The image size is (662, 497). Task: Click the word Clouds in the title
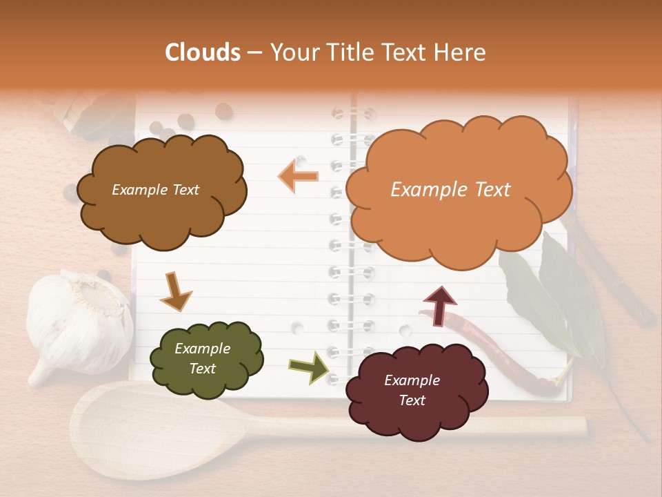coord(203,52)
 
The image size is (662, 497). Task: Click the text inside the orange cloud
coord(450,190)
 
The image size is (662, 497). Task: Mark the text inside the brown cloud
coord(155,190)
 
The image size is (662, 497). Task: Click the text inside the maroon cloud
coord(412,390)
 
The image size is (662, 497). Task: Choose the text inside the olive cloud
coord(202,358)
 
